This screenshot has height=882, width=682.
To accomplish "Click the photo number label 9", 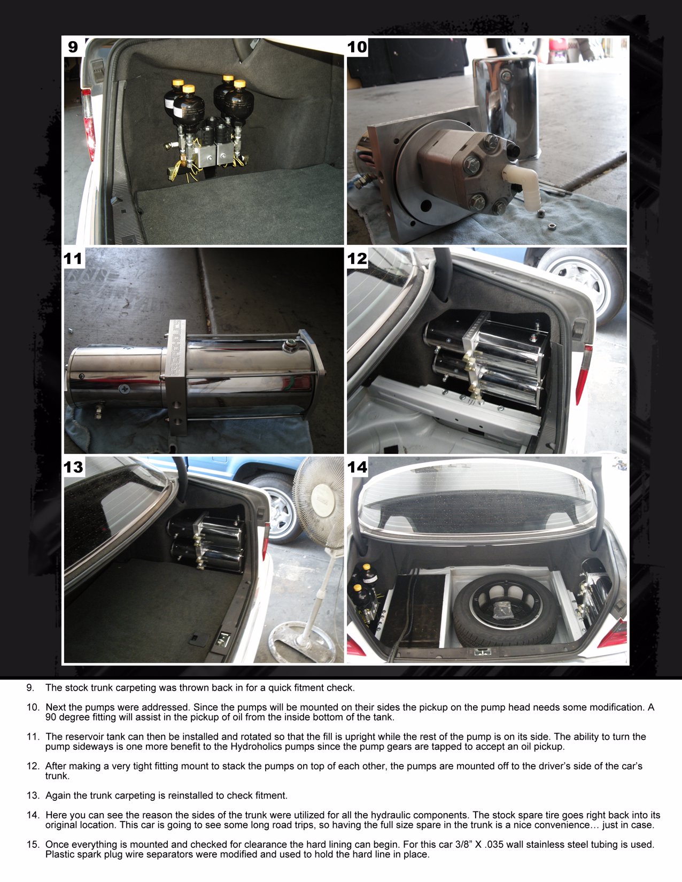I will (x=73, y=47).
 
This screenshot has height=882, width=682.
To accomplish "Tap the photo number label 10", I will (x=357, y=47).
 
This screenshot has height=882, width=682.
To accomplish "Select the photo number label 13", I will (x=73, y=467).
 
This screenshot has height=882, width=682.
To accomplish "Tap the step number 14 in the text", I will (x=33, y=815).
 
